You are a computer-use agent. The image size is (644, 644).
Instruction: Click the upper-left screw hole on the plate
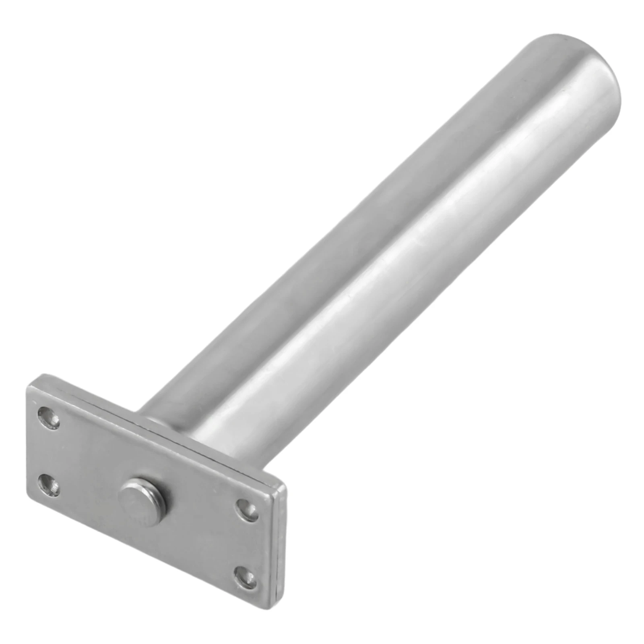(x=48, y=418)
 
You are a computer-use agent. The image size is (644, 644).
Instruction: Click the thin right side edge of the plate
(x=280, y=547)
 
